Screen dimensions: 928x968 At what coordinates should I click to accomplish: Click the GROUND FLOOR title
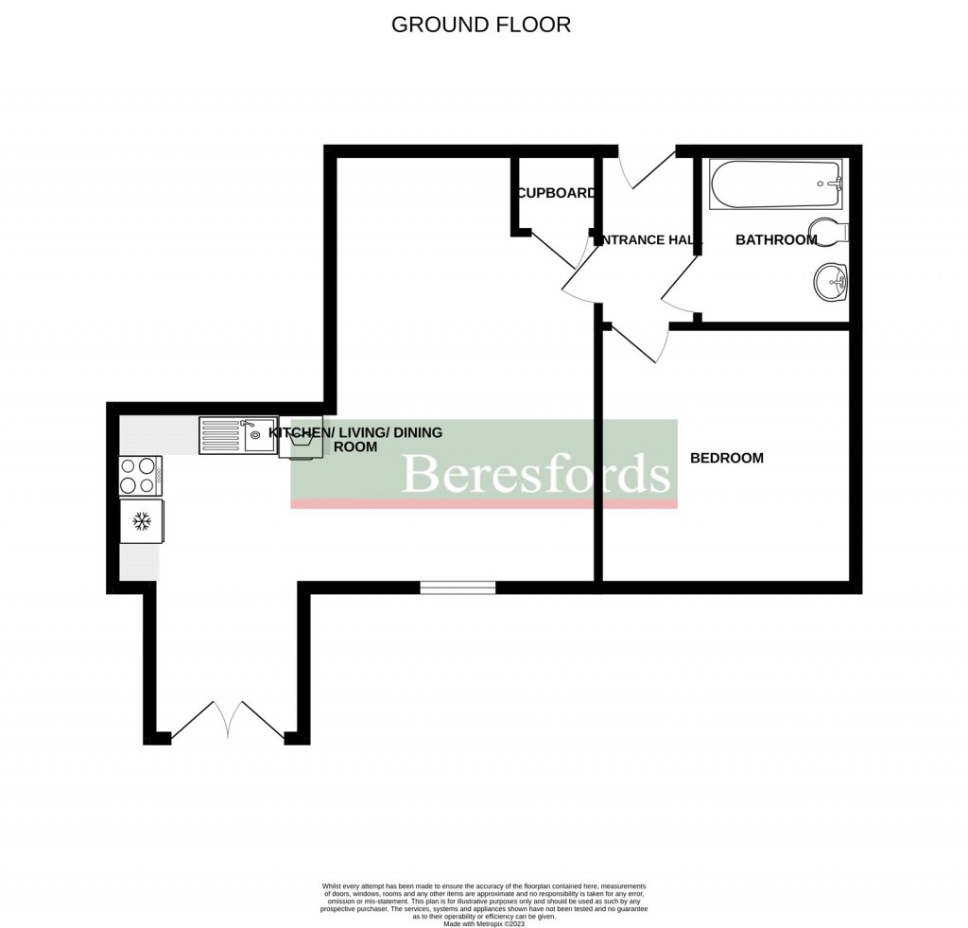point(481,25)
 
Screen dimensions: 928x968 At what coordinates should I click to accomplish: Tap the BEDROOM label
point(726,459)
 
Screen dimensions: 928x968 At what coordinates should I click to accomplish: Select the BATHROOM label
point(776,240)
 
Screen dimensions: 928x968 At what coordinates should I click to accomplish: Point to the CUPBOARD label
point(556,193)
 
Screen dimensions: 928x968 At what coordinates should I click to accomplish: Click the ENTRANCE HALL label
point(648,240)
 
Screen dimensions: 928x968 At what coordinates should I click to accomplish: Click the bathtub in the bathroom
point(774,185)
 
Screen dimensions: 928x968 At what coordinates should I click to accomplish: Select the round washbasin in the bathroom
point(831,281)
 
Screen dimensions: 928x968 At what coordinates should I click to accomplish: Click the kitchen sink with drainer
point(237,436)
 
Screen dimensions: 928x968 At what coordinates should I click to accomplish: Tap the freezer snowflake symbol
point(142,521)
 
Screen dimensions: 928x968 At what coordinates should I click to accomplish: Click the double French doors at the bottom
point(227,721)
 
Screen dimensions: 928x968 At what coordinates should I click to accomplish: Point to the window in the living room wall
point(458,588)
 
